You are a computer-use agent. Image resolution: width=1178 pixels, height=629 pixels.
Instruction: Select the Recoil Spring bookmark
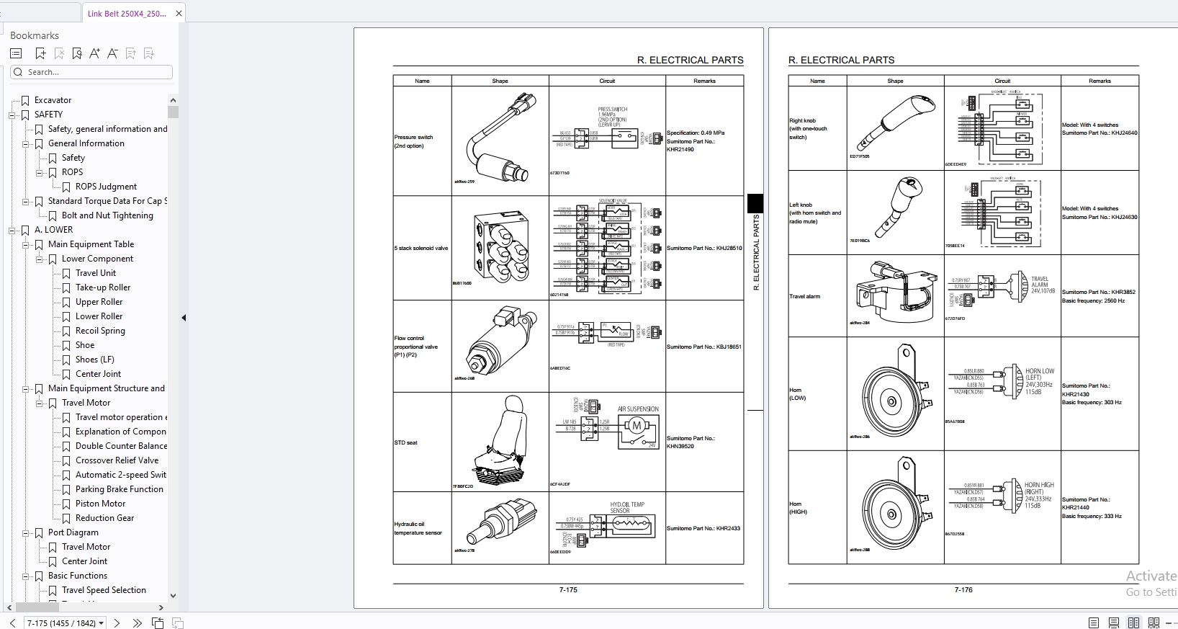tap(100, 331)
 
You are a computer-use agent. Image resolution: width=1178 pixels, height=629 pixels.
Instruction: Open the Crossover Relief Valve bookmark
tap(117, 460)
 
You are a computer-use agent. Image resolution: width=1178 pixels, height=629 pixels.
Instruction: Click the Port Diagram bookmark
tap(73, 532)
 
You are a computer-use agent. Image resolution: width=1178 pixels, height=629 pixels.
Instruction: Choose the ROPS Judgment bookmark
tap(106, 187)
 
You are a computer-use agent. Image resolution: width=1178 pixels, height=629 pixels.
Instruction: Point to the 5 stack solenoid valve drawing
tap(501, 246)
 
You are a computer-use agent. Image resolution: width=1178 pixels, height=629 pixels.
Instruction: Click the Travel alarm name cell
tap(805, 296)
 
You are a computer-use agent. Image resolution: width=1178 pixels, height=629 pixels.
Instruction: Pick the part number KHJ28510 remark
tap(704, 248)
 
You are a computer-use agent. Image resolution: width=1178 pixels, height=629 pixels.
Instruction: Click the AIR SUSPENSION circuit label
tap(638, 409)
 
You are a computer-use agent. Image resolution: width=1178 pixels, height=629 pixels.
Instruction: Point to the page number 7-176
tap(963, 590)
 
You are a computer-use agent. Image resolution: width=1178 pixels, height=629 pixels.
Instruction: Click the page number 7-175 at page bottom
tap(568, 590)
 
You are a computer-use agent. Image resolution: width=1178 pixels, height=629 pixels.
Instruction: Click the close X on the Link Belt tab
tap(179, 13)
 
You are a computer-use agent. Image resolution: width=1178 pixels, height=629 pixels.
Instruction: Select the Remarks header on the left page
tap(704, 81)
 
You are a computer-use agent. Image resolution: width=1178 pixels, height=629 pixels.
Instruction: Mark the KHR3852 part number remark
tap(1098, 292)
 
